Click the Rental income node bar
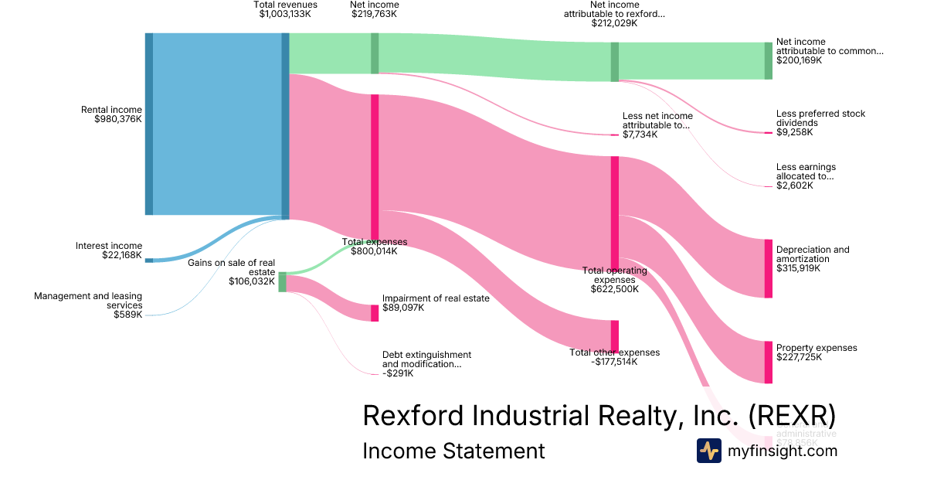[x=149, y=124]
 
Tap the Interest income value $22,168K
[x=122, y=255]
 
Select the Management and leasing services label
[x=88, y=301]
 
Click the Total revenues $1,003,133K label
[x=286, y=9]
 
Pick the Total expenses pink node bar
[x=375, y=166]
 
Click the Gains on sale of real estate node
[x=282, y=282]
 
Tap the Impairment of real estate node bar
[x=375, y=313]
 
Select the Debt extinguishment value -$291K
[x=398, y=373]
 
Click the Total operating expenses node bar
[x=615, y=213]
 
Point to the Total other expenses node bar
[x=615, y=336]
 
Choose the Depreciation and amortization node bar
[x=769, y=268]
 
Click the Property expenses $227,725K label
[x=817, y=352]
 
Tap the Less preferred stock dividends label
[x=820, y=118]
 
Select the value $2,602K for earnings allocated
[x=795, y=186]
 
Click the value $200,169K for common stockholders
[x=799, y=60]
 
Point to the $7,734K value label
[x=640, y=135]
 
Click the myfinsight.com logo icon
[x=708, y=451]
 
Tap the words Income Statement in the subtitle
[x=453, y=451]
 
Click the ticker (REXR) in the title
[x=793, y=415]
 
